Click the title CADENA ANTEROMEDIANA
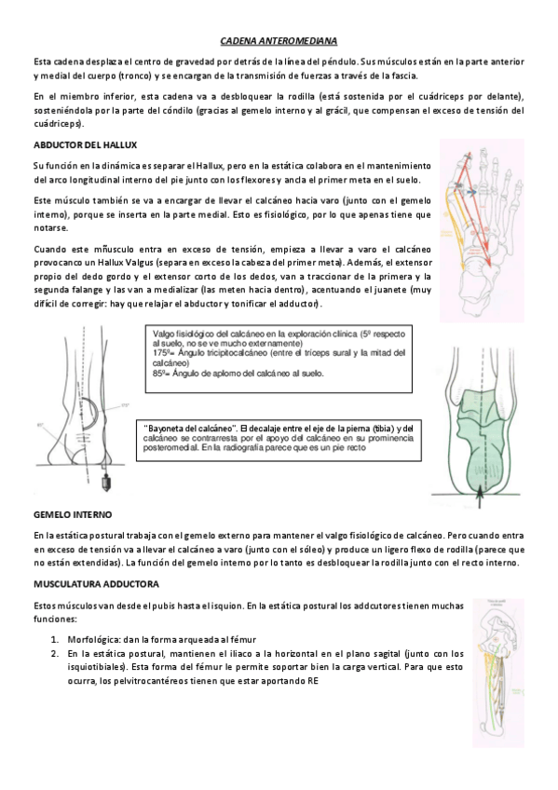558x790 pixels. tap(279, 41)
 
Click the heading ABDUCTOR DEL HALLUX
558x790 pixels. tap(73, 146)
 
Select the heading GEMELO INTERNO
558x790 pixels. tap(66, 513)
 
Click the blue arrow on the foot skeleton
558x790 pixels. tap(474, 190)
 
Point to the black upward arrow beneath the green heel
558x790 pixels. tap(481, 495)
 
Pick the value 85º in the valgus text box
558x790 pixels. tap(157, 373)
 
